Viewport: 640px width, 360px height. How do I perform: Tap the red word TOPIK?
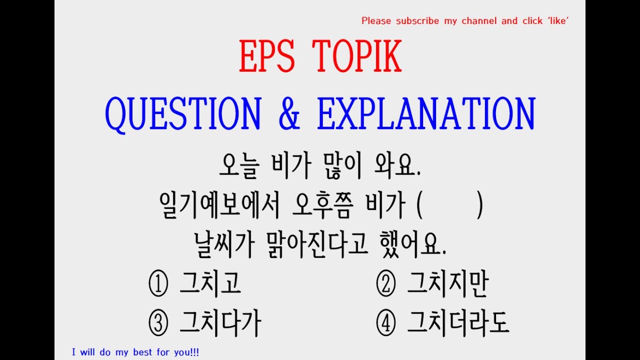click(357, 57)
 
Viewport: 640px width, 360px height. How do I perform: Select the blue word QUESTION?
click(183, 114)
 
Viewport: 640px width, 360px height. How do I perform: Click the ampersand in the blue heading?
click(288, 114)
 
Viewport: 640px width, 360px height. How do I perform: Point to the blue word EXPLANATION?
click(425, 114)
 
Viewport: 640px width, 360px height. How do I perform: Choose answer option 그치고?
click(210, 283)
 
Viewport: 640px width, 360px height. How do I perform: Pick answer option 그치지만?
click(447, 283)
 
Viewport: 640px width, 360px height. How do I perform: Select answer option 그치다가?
click(220, 323)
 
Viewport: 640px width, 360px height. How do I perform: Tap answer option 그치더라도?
click(457, 323)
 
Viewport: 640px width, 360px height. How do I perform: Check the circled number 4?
click(385, 324)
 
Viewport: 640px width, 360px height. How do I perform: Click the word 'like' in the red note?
click(557, 21)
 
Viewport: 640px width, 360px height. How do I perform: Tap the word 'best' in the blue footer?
click(142, 352)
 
